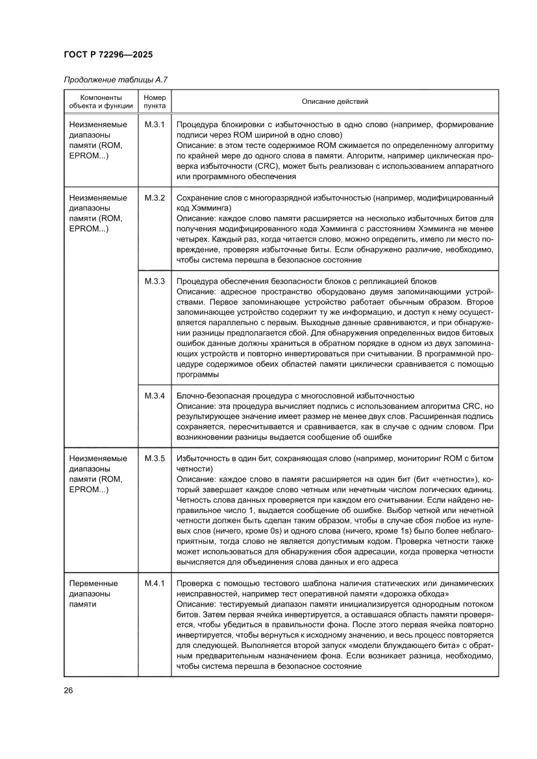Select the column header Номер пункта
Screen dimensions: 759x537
pos(155,101)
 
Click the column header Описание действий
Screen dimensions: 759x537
pos(334,101)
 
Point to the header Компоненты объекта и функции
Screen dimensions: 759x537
pos(96,101)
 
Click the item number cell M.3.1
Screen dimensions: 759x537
pos(155,124)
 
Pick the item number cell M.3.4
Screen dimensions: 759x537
pos(155,395)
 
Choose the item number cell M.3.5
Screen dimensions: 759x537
pos(155,458)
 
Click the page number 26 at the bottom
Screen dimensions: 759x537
pos(68,690)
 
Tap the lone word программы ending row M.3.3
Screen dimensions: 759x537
pos(197,374)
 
